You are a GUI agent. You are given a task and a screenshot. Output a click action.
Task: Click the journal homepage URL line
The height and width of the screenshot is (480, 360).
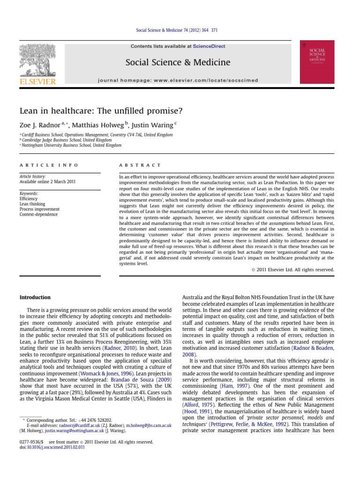point(178,80)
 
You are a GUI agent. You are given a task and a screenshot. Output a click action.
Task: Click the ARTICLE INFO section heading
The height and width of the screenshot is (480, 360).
point(49,165)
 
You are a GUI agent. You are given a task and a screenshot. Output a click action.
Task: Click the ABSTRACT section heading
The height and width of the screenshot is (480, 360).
point(140,165)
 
